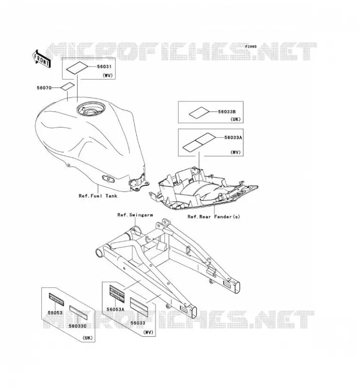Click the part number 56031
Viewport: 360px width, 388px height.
pyautogui.click(x=104, y=66)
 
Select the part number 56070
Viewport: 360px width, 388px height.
pyautogui.click(x=44, y=88)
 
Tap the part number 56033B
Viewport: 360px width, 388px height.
pyautogui.click(x=227, y=112)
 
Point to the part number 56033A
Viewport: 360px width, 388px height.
pyautogui.click(x=233, y=137)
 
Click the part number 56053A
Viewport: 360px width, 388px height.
pyautogui.click(x=115, y=309)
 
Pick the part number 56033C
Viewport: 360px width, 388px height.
pyautogui.click(x=78, y=326)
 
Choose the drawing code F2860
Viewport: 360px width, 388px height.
pyautogui.click(x=251, y=46)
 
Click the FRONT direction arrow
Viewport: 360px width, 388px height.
pyautogui.click(x=41, y=59)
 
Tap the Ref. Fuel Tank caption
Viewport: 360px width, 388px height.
pyautogui.click(x=98, y=196)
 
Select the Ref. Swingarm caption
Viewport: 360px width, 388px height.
pyautogui.click(x=135, y=215)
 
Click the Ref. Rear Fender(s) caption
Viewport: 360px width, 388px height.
pyautogui.click(x=213, y=217)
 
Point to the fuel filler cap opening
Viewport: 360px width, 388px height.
pyautogui.click(x=91, y=110)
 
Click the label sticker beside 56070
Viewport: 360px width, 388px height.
pyautogui.click(x=67, y=87)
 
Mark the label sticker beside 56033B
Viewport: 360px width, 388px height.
pyautogui.click(x=199, y=113)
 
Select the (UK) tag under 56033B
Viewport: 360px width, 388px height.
pyautogui.click(x=235, y=119)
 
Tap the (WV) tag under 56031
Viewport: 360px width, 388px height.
pyautogui.click(x=108, y=76)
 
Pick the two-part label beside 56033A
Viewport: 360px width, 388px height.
pyautogui.click(x=199, y=142)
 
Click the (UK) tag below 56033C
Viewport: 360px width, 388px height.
pyautogui.click(x=88, y=338)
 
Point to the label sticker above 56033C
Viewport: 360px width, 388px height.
pyautogui.click(x=78, y=312)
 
